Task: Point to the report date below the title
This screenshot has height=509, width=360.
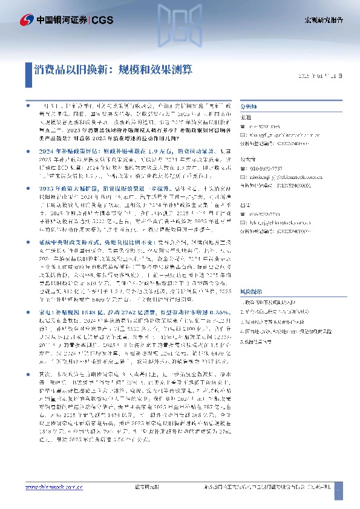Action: [323, 76]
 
